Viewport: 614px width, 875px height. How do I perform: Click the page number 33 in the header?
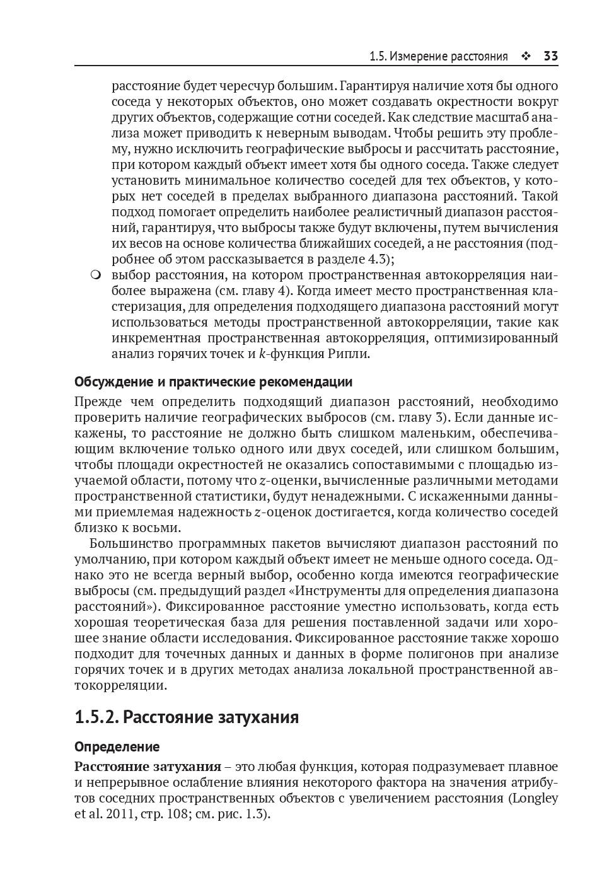tap(550, 57)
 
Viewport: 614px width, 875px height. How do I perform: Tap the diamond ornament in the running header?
tap(526, 57)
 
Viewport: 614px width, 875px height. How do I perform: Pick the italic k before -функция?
tap(262, 354)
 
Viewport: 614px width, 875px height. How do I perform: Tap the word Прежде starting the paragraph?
tap(96, 402)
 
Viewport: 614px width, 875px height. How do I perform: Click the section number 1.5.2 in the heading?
tap(95, 717)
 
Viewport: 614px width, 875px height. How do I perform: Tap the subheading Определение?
tap(117, 747)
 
